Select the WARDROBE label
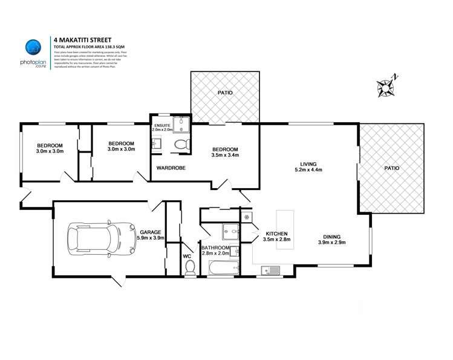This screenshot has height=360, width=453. point(171,168)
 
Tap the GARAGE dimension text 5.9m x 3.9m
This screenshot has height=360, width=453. point(149,238)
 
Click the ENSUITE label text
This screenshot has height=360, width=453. point(161,125)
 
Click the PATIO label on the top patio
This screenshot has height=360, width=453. point(225,93)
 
